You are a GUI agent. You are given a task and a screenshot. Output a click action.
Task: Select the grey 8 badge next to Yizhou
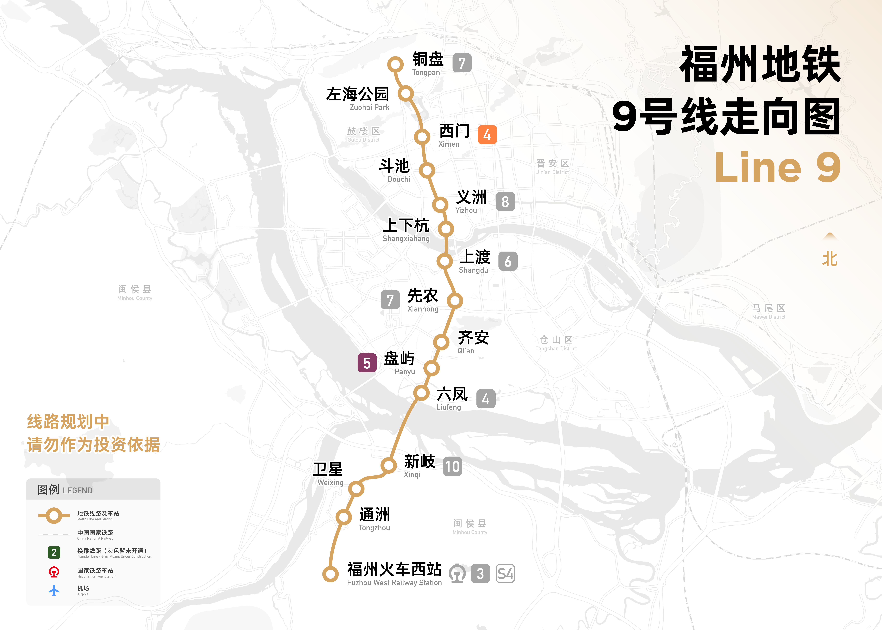(x=505, y=202)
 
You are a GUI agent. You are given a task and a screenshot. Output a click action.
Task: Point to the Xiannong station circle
(x=455, y=301)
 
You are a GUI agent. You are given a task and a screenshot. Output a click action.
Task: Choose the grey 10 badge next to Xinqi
(x=452, y=466)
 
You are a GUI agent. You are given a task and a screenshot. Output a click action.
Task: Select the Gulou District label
(x=363, y=134)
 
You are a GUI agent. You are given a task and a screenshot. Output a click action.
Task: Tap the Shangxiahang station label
(x=406, y=230)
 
